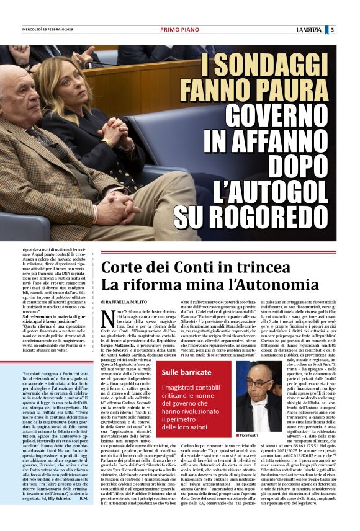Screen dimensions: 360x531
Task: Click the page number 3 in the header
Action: coord(333,29)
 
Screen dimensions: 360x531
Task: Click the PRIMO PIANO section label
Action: coord(179,29)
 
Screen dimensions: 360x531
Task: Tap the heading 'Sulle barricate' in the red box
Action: coord(182,372)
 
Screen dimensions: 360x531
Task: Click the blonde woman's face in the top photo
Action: coord(65,87)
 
